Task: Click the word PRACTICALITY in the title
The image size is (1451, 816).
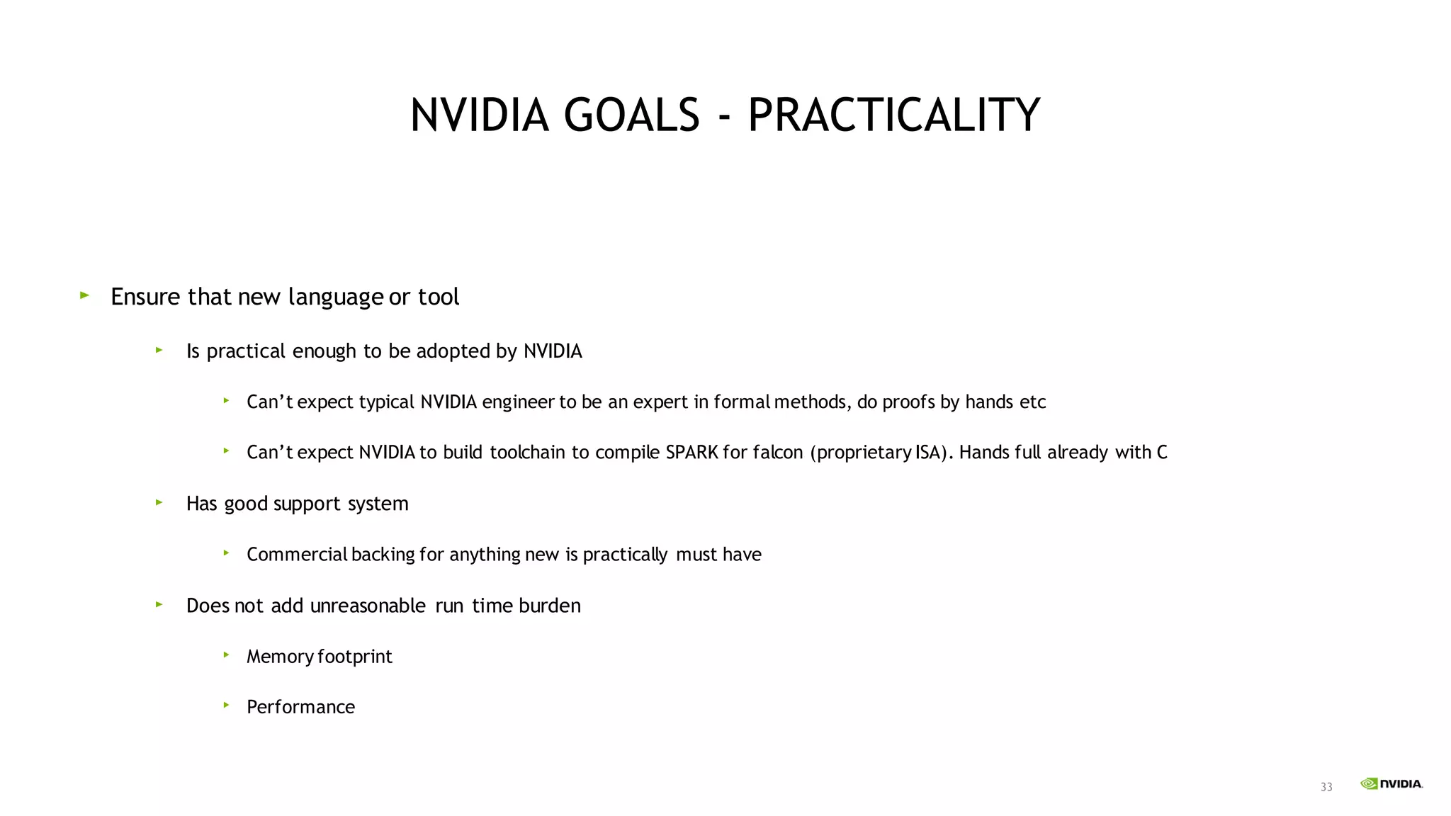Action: point(893,115)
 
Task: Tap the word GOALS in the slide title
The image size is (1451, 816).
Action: point(632,115)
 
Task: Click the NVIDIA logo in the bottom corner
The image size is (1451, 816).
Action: point(1391,783)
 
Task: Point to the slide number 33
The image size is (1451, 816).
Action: point(1326,787)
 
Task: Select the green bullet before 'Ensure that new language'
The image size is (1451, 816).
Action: point(85,295)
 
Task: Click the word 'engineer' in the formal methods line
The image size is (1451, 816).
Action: point(518,402)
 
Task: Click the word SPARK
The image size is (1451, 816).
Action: point(691,453)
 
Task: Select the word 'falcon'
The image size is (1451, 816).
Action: point(777,453)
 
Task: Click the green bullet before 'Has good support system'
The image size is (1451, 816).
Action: point(159,502)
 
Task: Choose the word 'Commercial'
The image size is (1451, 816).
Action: point(297,555)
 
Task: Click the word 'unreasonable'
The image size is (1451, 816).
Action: point(368,606)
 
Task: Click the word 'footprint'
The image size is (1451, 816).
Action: point(354,657)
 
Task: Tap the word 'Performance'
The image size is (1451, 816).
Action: point(300,707)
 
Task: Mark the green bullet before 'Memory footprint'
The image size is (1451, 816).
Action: point(226,655)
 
